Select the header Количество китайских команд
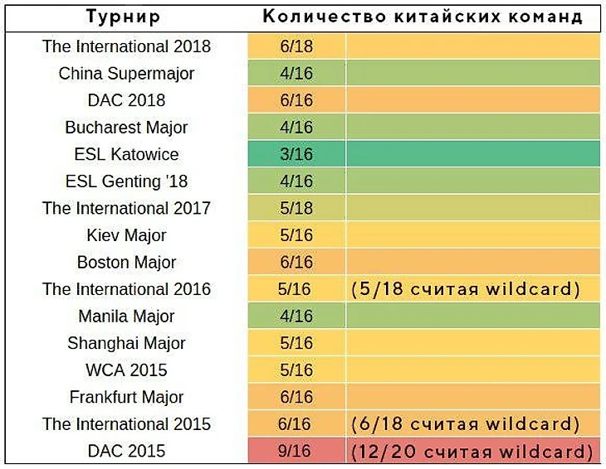423,17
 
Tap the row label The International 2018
126,46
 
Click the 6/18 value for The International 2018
296,46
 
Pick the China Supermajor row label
126,74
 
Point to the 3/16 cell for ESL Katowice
296,154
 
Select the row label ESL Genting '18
126,181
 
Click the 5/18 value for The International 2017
296,208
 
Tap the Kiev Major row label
126,235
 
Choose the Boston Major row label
126,263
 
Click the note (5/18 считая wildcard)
464,289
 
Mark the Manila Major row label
126,317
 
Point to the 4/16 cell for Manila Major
296,317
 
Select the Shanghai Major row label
126,343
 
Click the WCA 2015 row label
126,370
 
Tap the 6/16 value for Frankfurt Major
296,398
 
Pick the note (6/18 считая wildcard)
464,424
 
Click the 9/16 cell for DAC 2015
296,452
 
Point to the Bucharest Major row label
126,128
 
